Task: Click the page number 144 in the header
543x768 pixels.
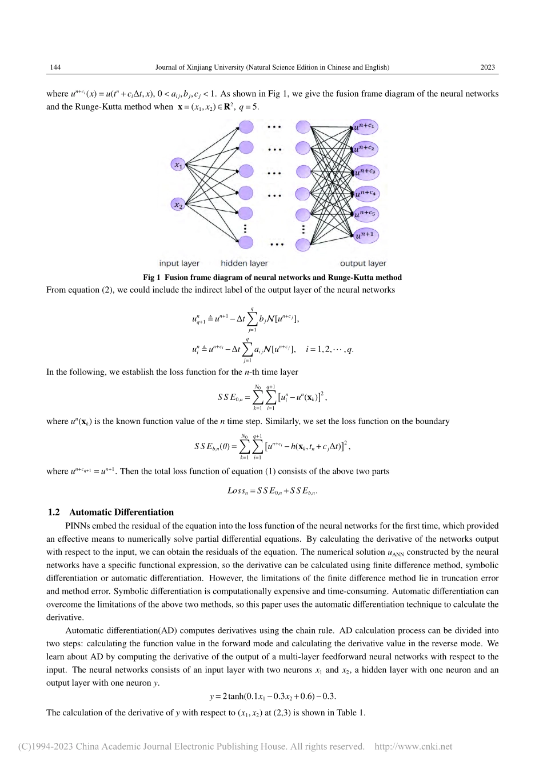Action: [55, 67]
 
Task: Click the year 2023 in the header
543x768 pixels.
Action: [488, 67]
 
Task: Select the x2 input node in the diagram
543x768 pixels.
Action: [179, 205]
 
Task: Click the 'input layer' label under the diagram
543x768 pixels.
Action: [179, 263]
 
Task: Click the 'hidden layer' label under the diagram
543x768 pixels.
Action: [244, 263]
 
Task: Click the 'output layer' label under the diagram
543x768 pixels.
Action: [363, 263]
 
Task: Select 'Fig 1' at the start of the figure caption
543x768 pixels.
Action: [151, 278]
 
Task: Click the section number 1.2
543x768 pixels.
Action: [55, 512]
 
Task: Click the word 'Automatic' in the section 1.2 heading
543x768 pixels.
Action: [87, 512]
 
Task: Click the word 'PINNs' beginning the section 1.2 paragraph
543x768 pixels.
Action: [75, 526]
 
